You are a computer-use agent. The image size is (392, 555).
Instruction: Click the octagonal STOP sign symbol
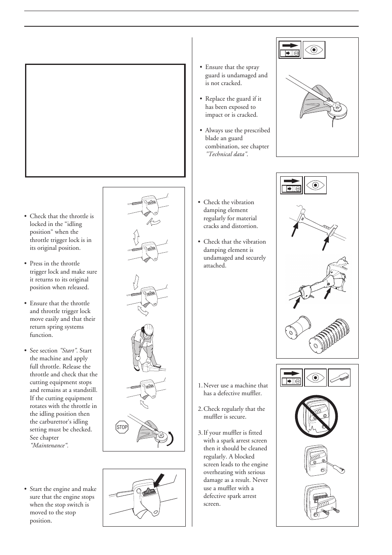(122, 427)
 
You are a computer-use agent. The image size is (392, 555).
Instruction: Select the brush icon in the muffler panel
(339, 378)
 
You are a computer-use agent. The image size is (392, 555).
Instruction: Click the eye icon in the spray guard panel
(314, 50)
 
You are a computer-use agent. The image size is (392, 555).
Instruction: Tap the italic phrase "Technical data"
(226, 154)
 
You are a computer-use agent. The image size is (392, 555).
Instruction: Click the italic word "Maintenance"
(48, 445)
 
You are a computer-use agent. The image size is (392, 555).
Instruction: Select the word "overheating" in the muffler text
(219, 472)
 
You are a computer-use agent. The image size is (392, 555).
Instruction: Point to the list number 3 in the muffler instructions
(200, 433)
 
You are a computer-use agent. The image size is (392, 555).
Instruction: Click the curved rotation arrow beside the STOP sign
(169, 439)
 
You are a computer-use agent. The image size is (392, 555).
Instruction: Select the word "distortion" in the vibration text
(244, 226)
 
